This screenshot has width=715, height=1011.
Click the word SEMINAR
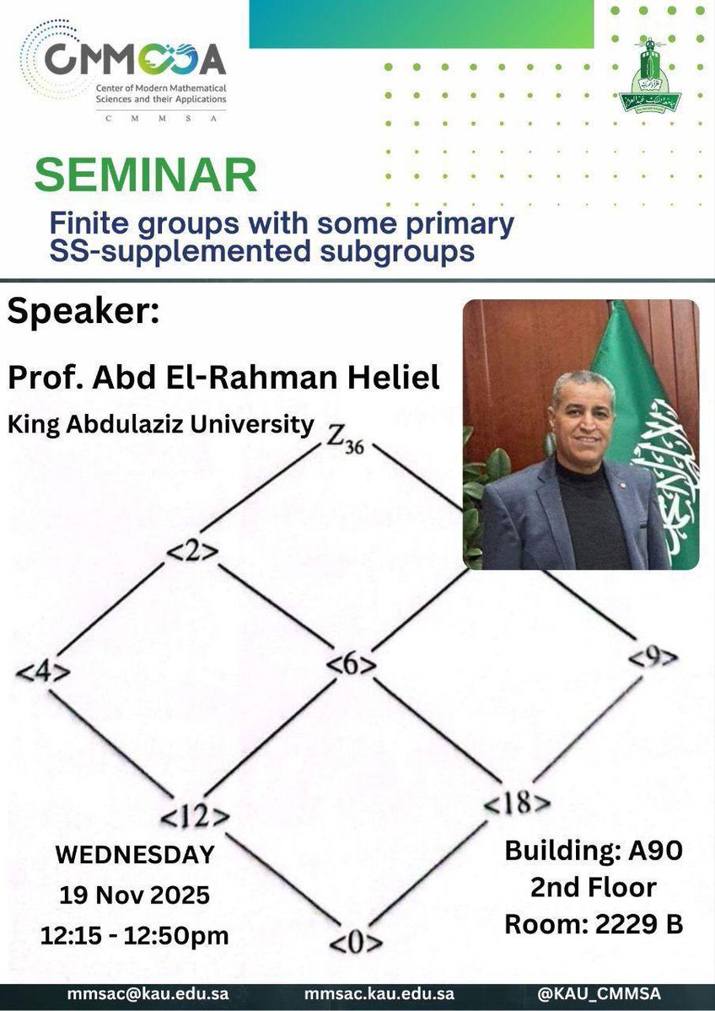point(146,175)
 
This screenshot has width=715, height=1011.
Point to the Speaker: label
point(83,313)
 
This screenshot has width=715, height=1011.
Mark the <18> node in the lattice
point(518,804)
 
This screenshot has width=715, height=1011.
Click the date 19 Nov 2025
point(136,895)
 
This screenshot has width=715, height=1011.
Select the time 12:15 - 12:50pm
point(135,934)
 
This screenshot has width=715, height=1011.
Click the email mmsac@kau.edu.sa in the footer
point(148,996)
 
